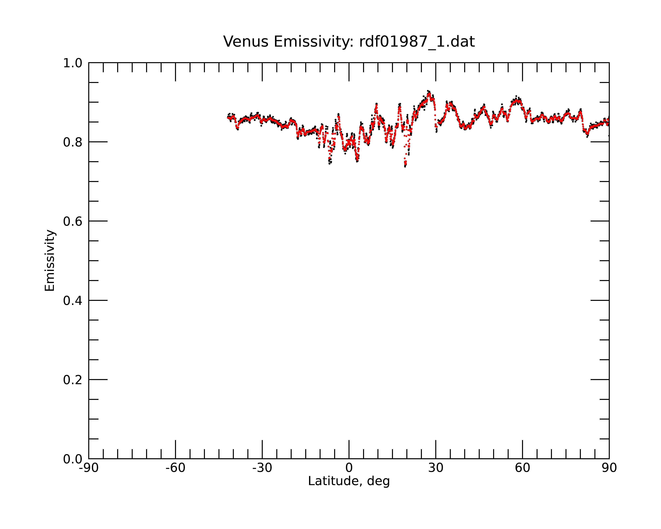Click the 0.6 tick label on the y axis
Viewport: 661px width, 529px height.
tap(73, 221)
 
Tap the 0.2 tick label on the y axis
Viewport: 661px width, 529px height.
tap(73, 380)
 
